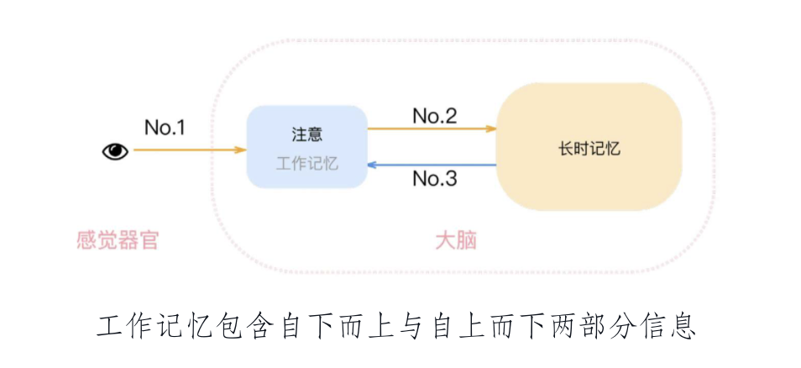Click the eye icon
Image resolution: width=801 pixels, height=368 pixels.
pyautogui.click(x=115, y=151)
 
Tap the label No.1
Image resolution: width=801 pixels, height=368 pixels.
pyautogui.click(x=165, y=128)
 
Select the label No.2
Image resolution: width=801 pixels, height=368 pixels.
pyautogui.click(x=435, y=116)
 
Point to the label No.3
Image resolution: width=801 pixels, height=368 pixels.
pyautogui.click(x=435, y=178)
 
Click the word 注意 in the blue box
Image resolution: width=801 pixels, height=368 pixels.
pyautogui.click(x=307, y=134)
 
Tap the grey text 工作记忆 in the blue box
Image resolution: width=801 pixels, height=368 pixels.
pyautogui.click(x=307, y=163)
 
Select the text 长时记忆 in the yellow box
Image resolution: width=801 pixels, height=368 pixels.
pyautogui.click(x=589, y=148)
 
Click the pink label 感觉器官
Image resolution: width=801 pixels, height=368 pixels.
pyautogui.click(x=118, y=241)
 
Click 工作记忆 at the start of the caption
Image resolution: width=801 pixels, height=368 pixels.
pyautogui.click(x=155, y=326)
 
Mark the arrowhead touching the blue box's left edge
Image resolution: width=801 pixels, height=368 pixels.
pyautogui.click(x=241, y=150)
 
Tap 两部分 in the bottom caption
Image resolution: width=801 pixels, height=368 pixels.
pyautogui.click(x=592, y=326)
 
